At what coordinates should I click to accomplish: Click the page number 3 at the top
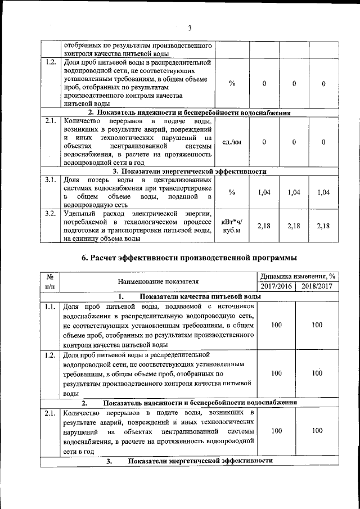coord(190,28)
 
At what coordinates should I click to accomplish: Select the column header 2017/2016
coord(276,286)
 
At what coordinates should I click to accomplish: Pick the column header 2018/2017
coord(317,286)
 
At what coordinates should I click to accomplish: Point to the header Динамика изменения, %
coord(297,276)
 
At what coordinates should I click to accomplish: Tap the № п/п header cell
coord(49,281)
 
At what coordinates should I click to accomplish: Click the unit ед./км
coord(232,142)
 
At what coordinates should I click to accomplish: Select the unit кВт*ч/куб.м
coord(232,226)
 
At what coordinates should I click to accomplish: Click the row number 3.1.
coord(49,180)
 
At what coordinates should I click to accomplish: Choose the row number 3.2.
coord(49,213)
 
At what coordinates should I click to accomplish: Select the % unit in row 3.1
coord(232,192)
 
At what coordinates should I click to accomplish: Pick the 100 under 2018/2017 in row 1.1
coord(317,325)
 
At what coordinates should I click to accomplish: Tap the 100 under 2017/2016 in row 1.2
coord(276,373)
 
